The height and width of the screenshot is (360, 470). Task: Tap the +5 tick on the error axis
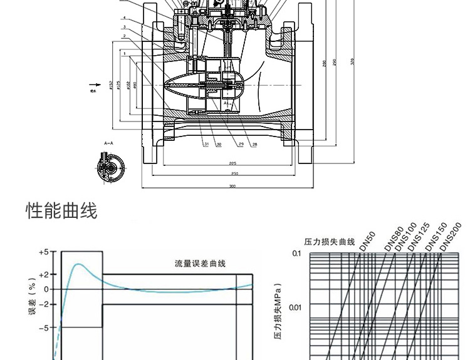coord(43,252)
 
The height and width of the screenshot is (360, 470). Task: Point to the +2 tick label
coord(43,275)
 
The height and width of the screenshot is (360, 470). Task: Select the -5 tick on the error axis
coord(43,327)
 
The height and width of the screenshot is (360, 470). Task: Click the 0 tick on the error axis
coord(46,289)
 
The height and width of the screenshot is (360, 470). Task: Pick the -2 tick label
coord(43,304)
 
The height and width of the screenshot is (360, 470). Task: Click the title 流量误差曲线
coord(200,264)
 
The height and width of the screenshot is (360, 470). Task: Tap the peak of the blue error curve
coord(78,264)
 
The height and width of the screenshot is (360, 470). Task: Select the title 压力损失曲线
coord(330,242)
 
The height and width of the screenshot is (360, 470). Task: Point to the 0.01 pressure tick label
coord(296,307)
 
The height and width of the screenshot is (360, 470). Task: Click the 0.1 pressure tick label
coord(297,254)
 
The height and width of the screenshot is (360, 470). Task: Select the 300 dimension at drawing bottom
coord(232,186)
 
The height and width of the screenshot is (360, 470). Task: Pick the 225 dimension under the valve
coord(232,163)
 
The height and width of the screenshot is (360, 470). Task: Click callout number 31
coord(206,145)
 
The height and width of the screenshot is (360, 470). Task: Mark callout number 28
coord(254,145)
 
